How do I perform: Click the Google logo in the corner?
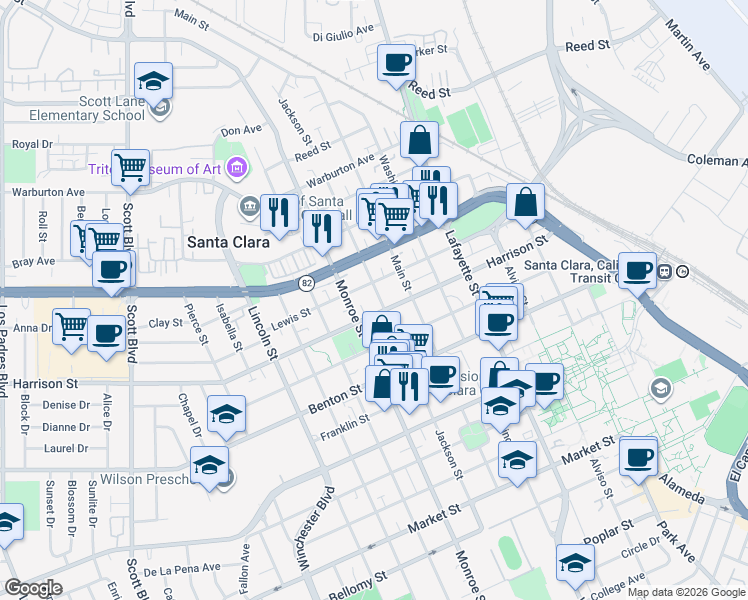coord(32,588)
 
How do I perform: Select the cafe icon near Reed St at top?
coord(396,63)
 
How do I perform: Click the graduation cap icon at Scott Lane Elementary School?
coord(153,80)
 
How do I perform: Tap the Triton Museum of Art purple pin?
coord(236,168)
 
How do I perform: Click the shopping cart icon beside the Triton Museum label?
coord(130,169)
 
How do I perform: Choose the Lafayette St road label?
coord(460,263)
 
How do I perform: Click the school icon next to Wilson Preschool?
coord(209,465)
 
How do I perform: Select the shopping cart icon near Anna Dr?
coord(71,326)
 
